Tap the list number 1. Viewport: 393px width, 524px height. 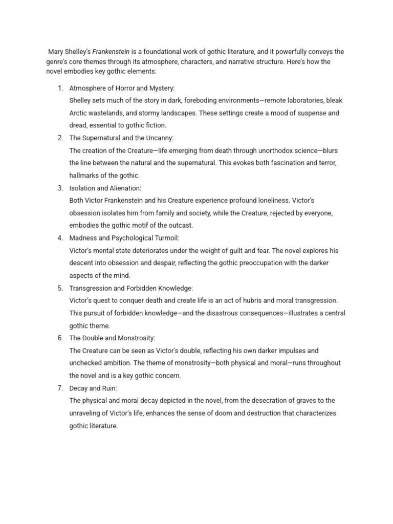click(x=60, y=88)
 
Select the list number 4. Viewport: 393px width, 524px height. click(x=60, y=238)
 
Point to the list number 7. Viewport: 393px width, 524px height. click(x=60, y=388)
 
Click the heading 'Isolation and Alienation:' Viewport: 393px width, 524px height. click(x=105, y=188)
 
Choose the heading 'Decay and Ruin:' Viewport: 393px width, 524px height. click(x=93, y=388)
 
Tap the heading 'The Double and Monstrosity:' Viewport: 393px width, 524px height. click(x=112, y=338)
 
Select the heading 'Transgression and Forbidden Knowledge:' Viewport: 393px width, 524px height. click(x=130, y=288)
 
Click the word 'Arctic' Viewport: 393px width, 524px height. click(x=79, y=113)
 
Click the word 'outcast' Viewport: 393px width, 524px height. click(x=181, y=226)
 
